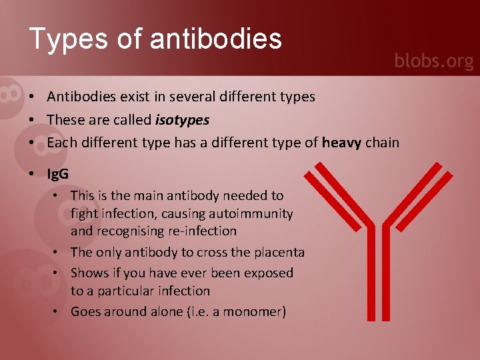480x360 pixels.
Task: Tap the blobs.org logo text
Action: tap(433, 61)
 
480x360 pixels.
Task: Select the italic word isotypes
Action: tap(182, 120)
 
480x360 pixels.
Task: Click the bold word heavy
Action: tap(341, 142)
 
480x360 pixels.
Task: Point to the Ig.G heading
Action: tap(58, 174)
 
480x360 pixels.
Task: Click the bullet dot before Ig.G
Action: tap(32, 174)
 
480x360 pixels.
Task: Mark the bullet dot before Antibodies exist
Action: tap(32, 97)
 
